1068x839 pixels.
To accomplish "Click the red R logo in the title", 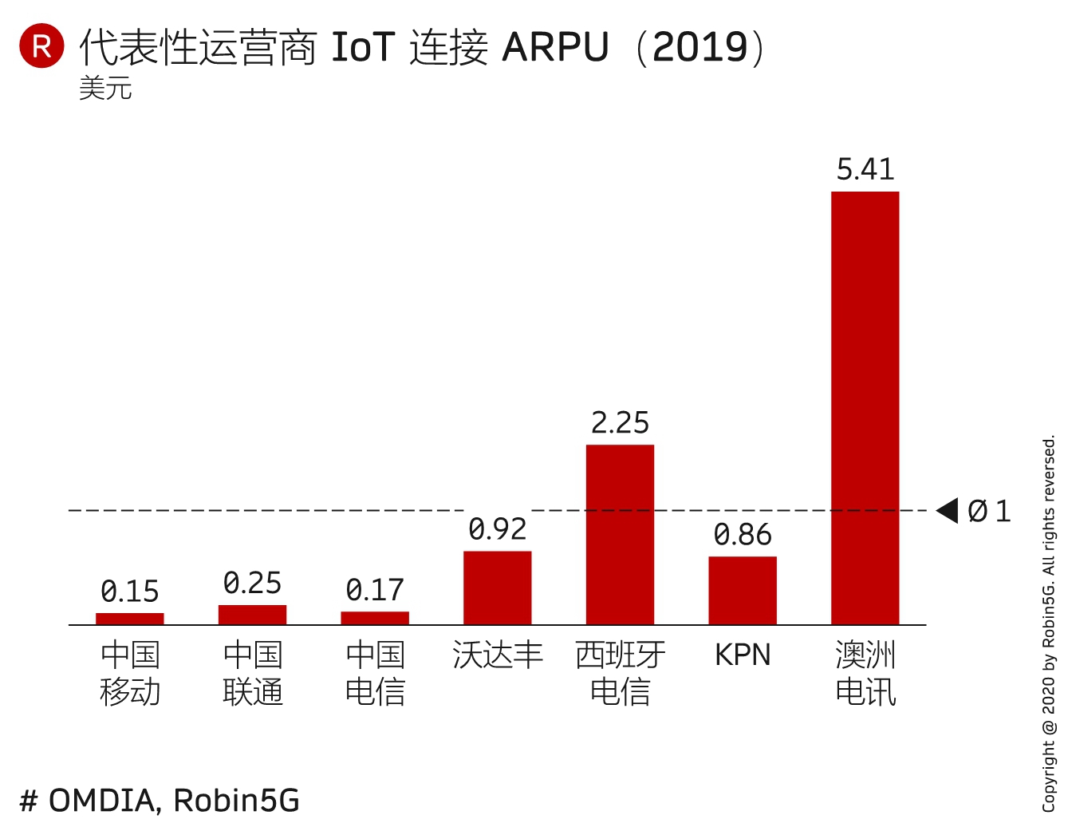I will coord(41,46).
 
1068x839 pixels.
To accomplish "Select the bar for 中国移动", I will coord(130,619).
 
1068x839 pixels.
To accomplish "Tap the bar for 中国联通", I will coord(252,615).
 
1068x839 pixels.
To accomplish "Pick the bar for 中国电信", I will coord(375,618).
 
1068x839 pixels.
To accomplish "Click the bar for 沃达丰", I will coord(497,588).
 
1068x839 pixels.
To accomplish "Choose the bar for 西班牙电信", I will coord(620,535).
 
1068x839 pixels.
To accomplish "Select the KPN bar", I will coord(743,591).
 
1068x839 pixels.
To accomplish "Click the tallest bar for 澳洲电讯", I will coord(865,408).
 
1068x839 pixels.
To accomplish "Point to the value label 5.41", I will coord(865,169).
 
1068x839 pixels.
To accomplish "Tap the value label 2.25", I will coord(620,422).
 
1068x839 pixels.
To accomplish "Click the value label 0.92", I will coord(498,528).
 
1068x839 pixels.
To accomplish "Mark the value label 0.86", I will coord(743,534).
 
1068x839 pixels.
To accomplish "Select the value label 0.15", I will coord(130,592).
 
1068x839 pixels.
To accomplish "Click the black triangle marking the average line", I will coord(948,510).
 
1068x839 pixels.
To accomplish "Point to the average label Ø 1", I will coord(989,511).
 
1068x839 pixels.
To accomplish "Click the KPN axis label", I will coord(743,655).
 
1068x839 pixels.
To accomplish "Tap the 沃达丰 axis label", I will coord(498,655).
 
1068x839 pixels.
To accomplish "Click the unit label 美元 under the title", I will coord(105,88).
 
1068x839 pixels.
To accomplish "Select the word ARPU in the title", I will coord(556,47).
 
